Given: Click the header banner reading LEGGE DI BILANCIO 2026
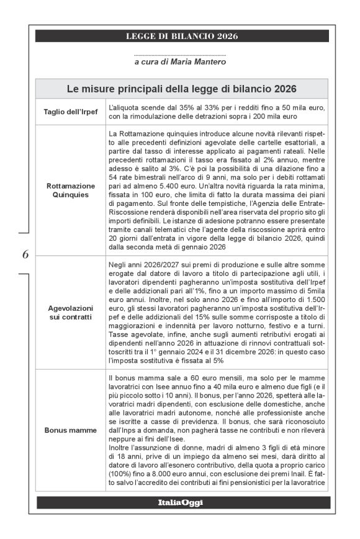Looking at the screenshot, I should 182,36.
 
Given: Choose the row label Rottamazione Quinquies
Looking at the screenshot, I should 70,190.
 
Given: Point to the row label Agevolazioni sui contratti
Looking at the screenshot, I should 70,312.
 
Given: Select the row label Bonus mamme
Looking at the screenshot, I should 70,429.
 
